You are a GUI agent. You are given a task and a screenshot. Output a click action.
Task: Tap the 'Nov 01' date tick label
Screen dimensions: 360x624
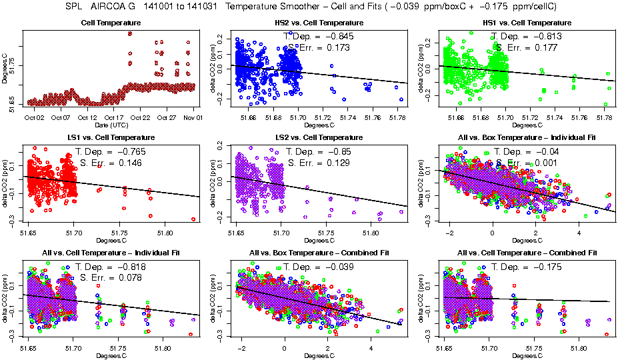click(193, 118)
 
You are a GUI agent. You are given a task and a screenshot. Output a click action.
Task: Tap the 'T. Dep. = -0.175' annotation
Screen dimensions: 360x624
click(526, 267)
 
